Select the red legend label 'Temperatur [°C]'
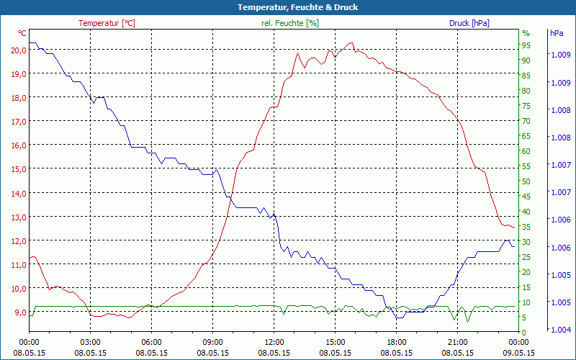tap(107, 23)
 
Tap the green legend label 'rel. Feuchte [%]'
tap(289, 23)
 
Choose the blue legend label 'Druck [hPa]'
tap(469, 23)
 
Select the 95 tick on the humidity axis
tap(526, 45)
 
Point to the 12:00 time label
tap(274, 342)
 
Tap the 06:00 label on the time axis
tap(152, 342)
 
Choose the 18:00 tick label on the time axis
tap(397, 342)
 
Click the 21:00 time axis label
tap(458, 342)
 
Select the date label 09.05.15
tap(519, 353)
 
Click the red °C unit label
tap(22, 33)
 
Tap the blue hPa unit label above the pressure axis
tap(557, 33)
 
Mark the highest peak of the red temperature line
tap(351, 43)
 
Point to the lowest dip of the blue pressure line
tap(398, 318)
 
